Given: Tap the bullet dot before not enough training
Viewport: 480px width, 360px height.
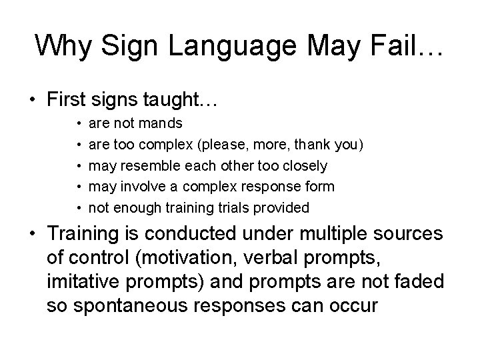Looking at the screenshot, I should [79, 208].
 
